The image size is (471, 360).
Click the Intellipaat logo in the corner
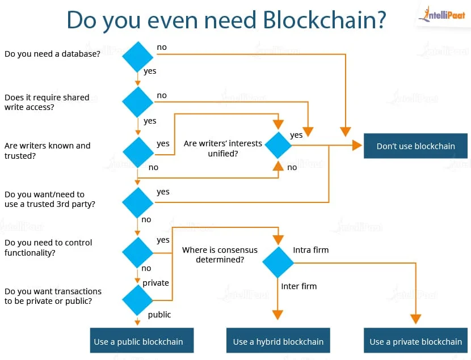coord(442,16)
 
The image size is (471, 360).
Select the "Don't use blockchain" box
coord(415,146)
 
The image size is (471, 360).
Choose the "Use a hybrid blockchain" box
coord(278,341)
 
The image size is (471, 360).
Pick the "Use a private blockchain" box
coord(415,341)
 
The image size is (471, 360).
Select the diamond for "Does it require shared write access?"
coord(138,101)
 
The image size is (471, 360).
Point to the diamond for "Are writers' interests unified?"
coord(278,145)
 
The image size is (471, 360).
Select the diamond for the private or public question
coord(138,300)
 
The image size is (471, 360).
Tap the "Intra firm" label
coord(310,249)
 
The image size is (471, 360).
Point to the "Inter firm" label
coord(298,286)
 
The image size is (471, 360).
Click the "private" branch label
coord(155,283)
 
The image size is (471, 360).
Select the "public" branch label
coord(159,315)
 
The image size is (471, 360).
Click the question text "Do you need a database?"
coord(52,54)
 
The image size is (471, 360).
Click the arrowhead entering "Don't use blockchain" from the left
coord(357,146)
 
